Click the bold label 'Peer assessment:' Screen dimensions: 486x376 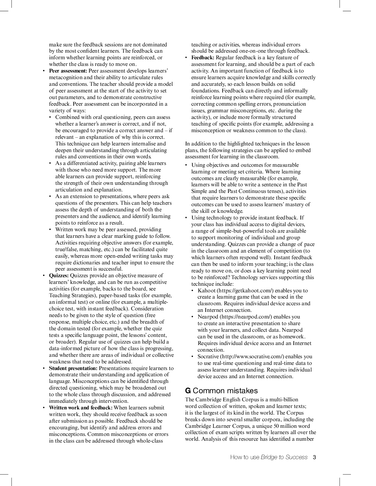point(68,71)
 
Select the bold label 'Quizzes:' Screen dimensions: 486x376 point(59,275)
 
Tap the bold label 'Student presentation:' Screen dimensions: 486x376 point(73,368)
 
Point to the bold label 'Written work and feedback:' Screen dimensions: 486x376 point(81,408)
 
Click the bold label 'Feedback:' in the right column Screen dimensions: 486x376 point(203,57)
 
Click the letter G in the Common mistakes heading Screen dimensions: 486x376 point(188,391)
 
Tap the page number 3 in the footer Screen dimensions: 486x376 point(314,457)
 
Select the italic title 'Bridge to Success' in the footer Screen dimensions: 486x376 point(284,457)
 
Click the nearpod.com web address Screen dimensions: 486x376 point(246,317)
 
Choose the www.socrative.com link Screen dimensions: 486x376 point(252,356)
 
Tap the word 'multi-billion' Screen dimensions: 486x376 point(284,399)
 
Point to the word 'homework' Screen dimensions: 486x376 point(292,337)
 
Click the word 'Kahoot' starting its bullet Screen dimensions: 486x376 point(206,290)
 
